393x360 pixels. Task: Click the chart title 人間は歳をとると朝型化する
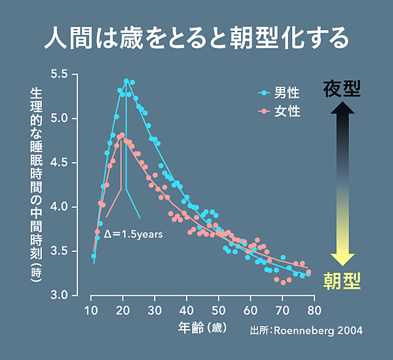(x=196, y=38)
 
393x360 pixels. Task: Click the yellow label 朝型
(x=342, y=281)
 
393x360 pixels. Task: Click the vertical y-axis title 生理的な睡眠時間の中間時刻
(x=37, y=187)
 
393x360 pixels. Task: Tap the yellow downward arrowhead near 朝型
(x=342, y=259)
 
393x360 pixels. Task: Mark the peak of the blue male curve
(x=126, y=81)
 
